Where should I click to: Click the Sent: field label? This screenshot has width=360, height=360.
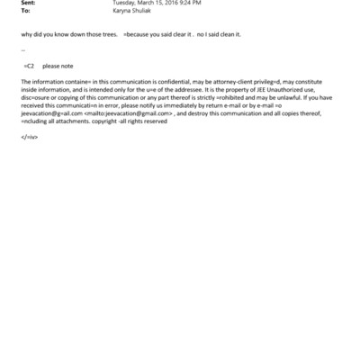click(x=28, y=4)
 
